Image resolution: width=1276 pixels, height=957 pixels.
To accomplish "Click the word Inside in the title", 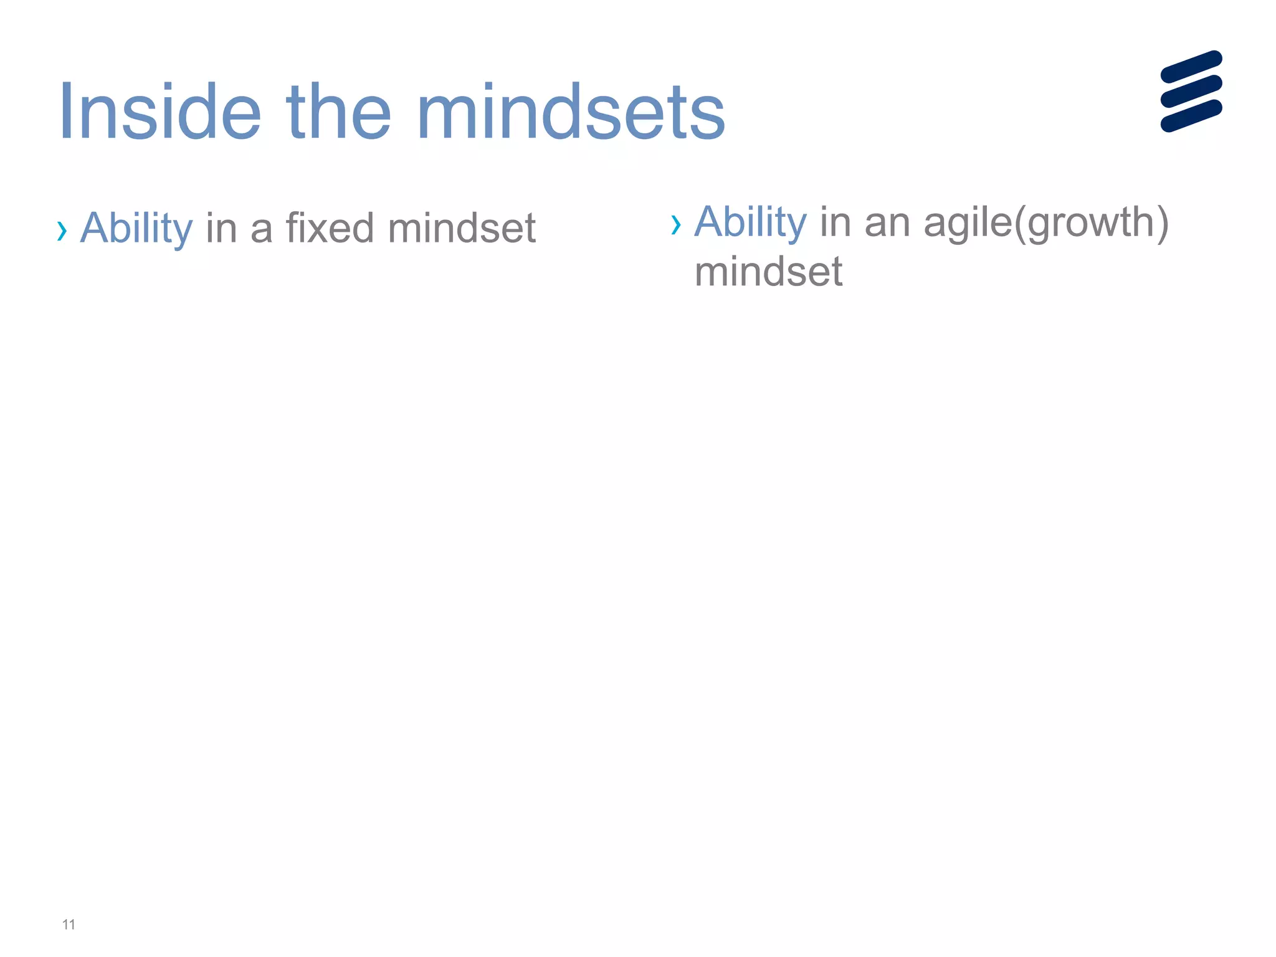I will click(159, 112).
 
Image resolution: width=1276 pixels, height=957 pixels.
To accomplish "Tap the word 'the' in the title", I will click(338, 112).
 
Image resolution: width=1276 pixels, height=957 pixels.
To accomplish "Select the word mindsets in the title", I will click(574, 112).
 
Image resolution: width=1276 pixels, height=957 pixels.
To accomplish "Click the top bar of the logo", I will click(1191, 67).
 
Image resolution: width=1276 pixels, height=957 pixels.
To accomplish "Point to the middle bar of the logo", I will click(1191, 91).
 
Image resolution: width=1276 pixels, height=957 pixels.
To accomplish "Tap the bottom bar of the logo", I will click(1191, 116).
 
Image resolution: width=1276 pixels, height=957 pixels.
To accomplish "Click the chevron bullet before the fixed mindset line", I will click(62, 231).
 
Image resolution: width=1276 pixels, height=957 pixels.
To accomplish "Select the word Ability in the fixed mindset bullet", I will click(136, 228).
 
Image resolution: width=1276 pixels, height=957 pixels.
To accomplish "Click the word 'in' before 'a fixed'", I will click(221, 228).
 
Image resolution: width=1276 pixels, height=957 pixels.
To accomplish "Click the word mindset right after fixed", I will click(462, 228).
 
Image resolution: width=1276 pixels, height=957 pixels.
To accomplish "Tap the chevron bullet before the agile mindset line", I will click(676, 225).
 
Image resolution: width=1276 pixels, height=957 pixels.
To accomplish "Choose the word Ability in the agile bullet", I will click(750, 222).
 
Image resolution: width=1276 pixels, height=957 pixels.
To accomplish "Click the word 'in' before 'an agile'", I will click(835, 222).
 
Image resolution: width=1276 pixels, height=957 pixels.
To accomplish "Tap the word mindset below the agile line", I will click(768, 272).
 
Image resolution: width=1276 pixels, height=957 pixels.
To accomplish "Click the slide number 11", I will click(69, 925).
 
